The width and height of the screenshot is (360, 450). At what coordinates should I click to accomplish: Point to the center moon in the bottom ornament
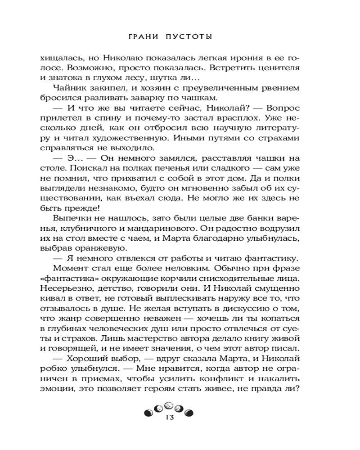pyautogui.click(x=167, y=406)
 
